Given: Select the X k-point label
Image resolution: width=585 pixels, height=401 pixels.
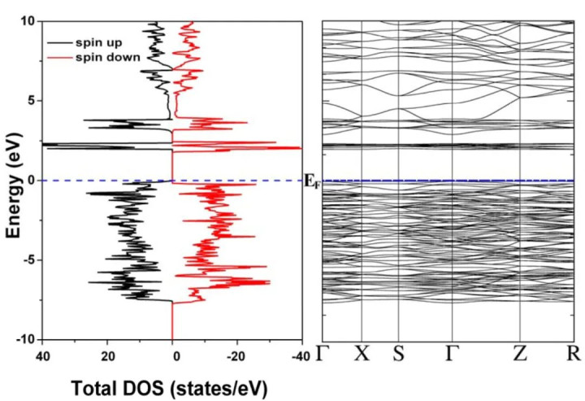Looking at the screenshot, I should (x=361, y=355).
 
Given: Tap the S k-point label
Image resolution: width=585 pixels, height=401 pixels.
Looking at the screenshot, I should (x=398, y=355).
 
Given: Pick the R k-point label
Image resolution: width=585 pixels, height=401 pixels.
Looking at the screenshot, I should (x=574, y=355).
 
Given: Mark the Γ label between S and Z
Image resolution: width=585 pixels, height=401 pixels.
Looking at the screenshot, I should (x=451, y=355).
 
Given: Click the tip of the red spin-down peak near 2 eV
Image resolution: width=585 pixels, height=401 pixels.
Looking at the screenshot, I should (x=301, y=148).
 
